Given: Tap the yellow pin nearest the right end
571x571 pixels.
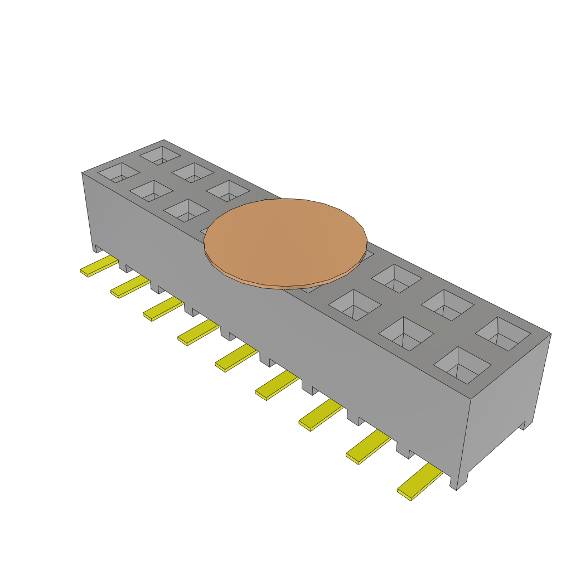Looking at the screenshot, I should coord(419,483).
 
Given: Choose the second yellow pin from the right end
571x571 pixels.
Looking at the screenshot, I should coord(368,447).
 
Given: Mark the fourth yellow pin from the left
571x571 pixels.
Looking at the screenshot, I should coord(198,333).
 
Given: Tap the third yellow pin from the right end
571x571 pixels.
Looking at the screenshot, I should coord(321,415).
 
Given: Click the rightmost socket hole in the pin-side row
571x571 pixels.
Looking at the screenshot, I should coord(462,365).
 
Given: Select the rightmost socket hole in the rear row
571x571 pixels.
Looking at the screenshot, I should coord(502,334).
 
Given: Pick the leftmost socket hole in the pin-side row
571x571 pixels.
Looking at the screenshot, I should coord(119,172).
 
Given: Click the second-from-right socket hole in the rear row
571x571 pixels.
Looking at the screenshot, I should coord(447,304).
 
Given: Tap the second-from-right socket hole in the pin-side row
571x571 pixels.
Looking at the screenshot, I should coord(406,333).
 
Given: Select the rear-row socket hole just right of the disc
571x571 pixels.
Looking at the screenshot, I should coord(396,278).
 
